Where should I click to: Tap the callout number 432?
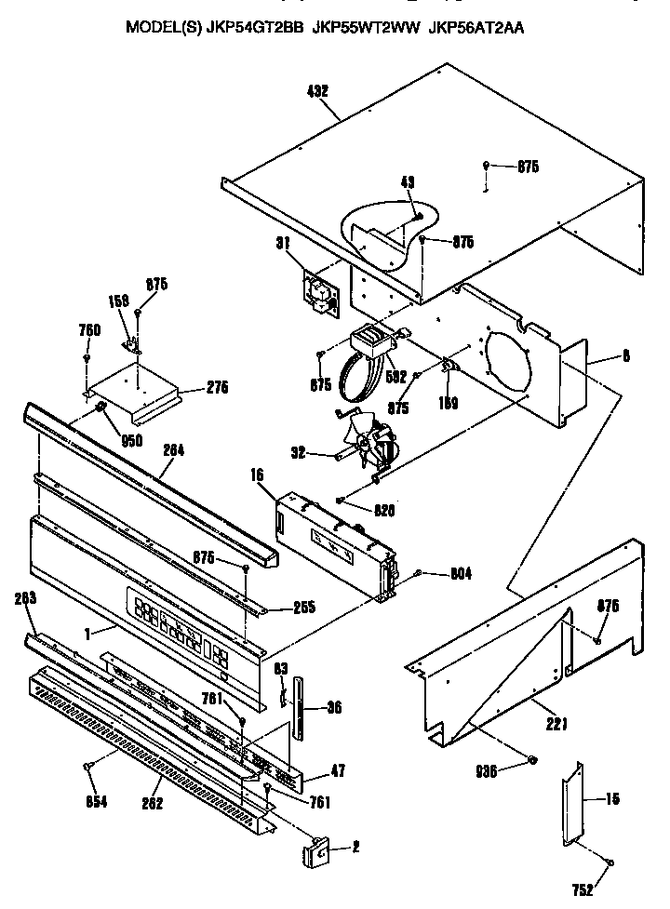coord(317,91)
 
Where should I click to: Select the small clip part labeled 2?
coord(316,849)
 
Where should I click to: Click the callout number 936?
coord(487,770)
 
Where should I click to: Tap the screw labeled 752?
coord(610,863)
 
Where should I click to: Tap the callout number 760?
coord(89,329)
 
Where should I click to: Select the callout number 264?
coord(173,449)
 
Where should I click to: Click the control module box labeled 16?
coord(330,540)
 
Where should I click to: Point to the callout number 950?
coord(131,441)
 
